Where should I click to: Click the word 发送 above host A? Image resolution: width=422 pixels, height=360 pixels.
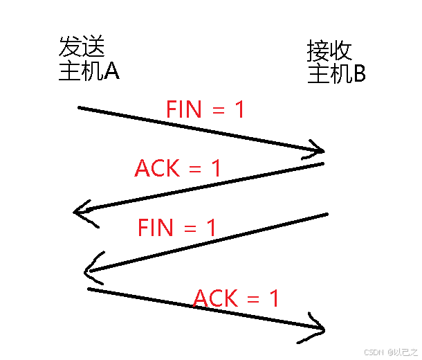pyautogui.click(x=82, y=48)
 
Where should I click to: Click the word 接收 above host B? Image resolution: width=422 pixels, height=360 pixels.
pyautogui.click(x=329, y=51)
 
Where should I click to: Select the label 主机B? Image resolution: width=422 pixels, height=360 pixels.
pyautogui.click(x=336, y=74)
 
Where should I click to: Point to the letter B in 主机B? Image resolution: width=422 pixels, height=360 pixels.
pyautogui.click(x=359, y=74)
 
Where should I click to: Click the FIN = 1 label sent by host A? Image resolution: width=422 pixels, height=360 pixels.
pyautogui.click(x=205, y=109)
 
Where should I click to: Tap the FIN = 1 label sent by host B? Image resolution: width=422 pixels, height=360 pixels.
pyautogui.click(x=177, y=227)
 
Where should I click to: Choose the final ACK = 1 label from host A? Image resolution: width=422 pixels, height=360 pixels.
pyautogui.click(x=237, y=298)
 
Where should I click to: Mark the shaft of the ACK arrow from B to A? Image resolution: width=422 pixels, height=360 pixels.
pyautogui.click(x=201, y=186)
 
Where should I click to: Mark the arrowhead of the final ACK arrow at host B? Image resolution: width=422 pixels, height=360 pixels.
pyautogui.click(x=318, y=326)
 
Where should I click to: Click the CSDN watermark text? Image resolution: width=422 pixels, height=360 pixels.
pyautogui.click(x=374, y=352)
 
